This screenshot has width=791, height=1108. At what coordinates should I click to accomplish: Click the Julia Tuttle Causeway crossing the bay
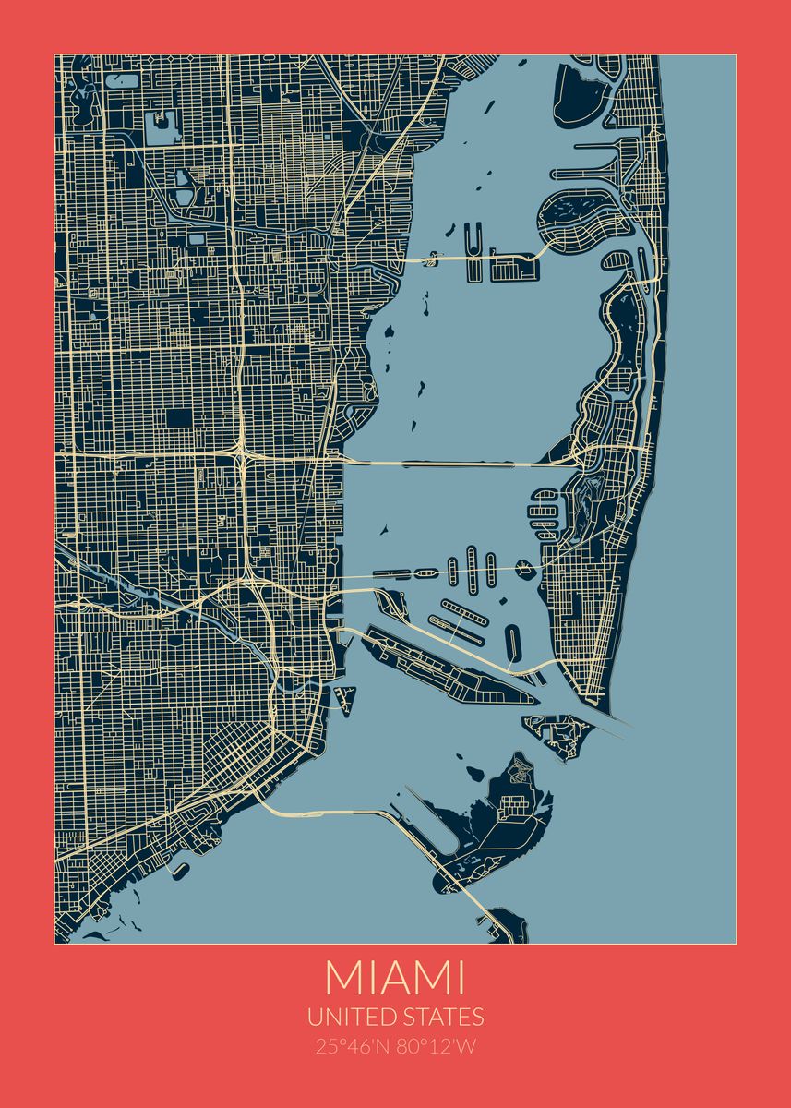(452, 463)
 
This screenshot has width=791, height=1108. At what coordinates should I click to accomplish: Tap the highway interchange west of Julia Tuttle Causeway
(242, 456)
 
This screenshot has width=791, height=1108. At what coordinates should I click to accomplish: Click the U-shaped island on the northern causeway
(474, 242)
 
